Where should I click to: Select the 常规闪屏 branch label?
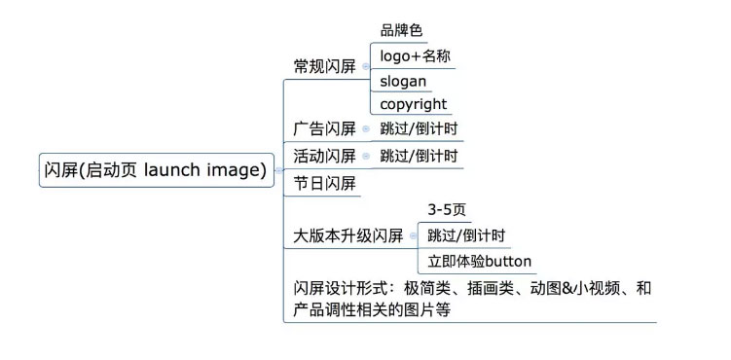(x=324, y=66)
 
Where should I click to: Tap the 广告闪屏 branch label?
(x=324, y=128)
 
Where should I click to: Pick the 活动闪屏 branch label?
(x=324, y=156)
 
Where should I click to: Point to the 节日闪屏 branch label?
(x=324, y=183)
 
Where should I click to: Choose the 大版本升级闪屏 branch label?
(x=347, y=235)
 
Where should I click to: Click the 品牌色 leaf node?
(x=401, y=30)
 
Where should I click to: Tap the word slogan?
(x=403, y=81)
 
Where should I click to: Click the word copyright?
(x=414, y=104)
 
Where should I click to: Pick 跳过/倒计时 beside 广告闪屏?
(x=419, y=128)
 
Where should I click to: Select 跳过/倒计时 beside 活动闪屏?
(x=419, y=156)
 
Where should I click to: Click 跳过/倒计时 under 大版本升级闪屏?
(x=466, y=235)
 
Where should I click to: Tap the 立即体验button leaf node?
(x=480, y=261)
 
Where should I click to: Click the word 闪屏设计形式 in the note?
(x=341, y=289)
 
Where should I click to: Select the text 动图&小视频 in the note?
(x=579, y=289)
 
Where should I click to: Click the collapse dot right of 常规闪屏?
(x=365, y=66)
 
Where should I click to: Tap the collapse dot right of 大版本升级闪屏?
(x=412, y=235)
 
